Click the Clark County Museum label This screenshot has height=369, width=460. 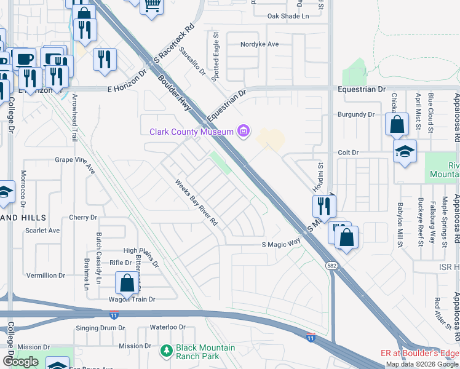pos(192,132)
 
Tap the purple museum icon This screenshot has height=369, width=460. pos(244,131)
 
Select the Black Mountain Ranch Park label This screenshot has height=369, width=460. pos(205,352)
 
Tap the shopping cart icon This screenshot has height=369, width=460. pos(151,6)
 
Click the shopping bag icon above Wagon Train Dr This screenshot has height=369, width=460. pos(127,284)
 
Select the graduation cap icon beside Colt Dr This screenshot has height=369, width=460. pos(405,153)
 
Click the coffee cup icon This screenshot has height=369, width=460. pos(24,59)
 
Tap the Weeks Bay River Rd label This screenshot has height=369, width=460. pos(197,201)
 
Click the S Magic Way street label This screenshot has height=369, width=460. pos(281,244)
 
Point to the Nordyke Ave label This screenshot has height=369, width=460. pos(261,44)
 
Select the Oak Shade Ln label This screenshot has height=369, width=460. pos(288,16)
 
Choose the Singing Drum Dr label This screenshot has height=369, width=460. pos(100,328)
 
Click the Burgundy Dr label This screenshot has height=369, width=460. pos(357,114)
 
